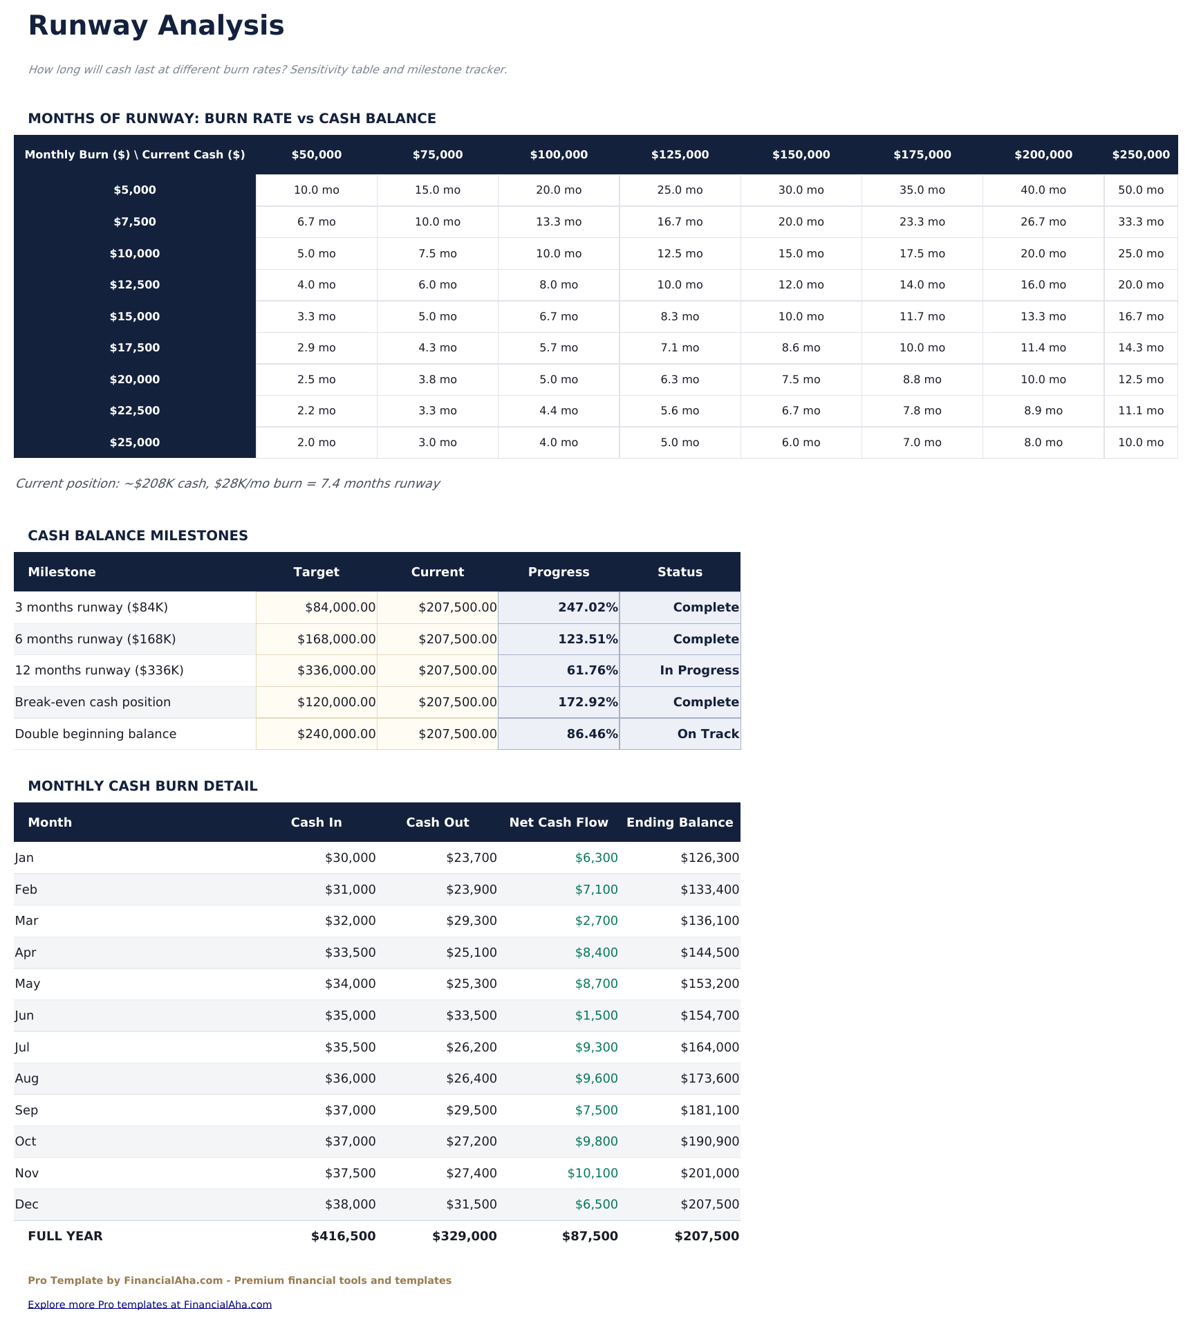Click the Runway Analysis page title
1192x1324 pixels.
click(156, 26)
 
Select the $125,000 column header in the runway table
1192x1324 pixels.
click(680, 155)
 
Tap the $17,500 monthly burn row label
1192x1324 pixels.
click(135, 348)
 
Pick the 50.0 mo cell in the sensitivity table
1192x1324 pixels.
click(1140, 190)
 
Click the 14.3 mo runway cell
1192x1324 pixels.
click(1140, 348)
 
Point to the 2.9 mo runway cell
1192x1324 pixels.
click(316, 348)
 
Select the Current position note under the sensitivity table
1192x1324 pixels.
click(227, 484)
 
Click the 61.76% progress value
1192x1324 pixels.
click(587, 670)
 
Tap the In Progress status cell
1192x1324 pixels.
click(698, 670)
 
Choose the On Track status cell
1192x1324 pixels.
click(707, 734)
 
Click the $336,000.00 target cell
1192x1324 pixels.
click(336, 670)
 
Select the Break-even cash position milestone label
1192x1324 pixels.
click(93, 702)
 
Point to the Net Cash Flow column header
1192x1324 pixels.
click(559, 822)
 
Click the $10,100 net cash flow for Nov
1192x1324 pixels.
click(593, 1173)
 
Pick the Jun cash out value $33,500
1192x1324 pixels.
click(471, 1015)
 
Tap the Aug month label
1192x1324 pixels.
click(27, 1078)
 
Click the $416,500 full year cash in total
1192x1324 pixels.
click(343, 1236)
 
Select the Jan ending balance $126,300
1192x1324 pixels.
click(709, 858)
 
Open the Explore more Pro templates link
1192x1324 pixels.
click(149, 1305)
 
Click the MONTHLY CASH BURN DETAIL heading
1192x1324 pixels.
click(142, 786)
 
